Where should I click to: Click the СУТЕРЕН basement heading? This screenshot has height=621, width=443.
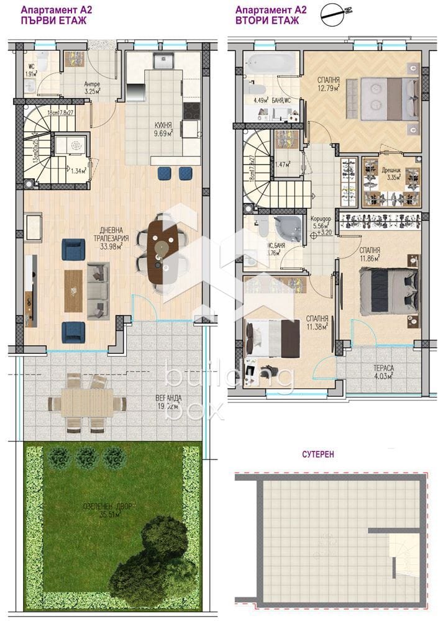coord(319,454)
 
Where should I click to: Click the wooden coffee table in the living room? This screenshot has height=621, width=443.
coord(73,290)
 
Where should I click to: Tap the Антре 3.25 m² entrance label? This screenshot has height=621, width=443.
coord(91,88)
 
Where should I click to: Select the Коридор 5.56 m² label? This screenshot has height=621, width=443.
coord(321,224)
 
